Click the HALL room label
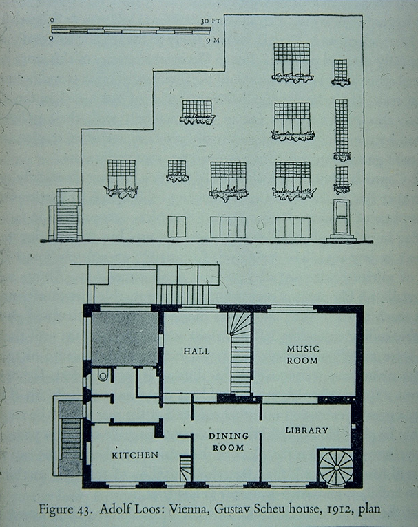pyautogui.click(x=197, y=352)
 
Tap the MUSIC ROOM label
pyautogui.click(x=302, y=354)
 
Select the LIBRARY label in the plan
pyautogui.click(x=306, y=431)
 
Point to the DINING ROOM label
pyautogui.click(x=227, y=442)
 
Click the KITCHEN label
pyautogui.click(x=135, y=455)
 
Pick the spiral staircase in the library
pyautogui.click(x=336, y=467)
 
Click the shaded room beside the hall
pyautogui.click(x=125, y=339)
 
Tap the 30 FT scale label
pyautogui.click(x=209, y=22)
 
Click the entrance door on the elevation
pyautogui.click(x=342, y=217)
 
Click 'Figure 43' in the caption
pyautogui.click(x=65, y=510)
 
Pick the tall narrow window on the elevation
pyautogui.click(x=342, y=129)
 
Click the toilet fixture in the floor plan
pyautogui.click(x=103, y=376)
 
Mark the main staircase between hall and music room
pyautogui.click(x=240, y=358)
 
